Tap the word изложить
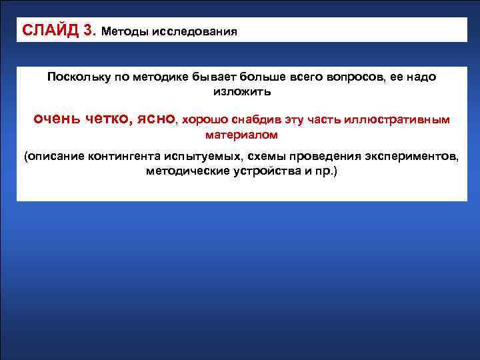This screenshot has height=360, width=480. tap(242, 91)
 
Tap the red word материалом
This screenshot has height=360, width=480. tap(242, 135)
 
